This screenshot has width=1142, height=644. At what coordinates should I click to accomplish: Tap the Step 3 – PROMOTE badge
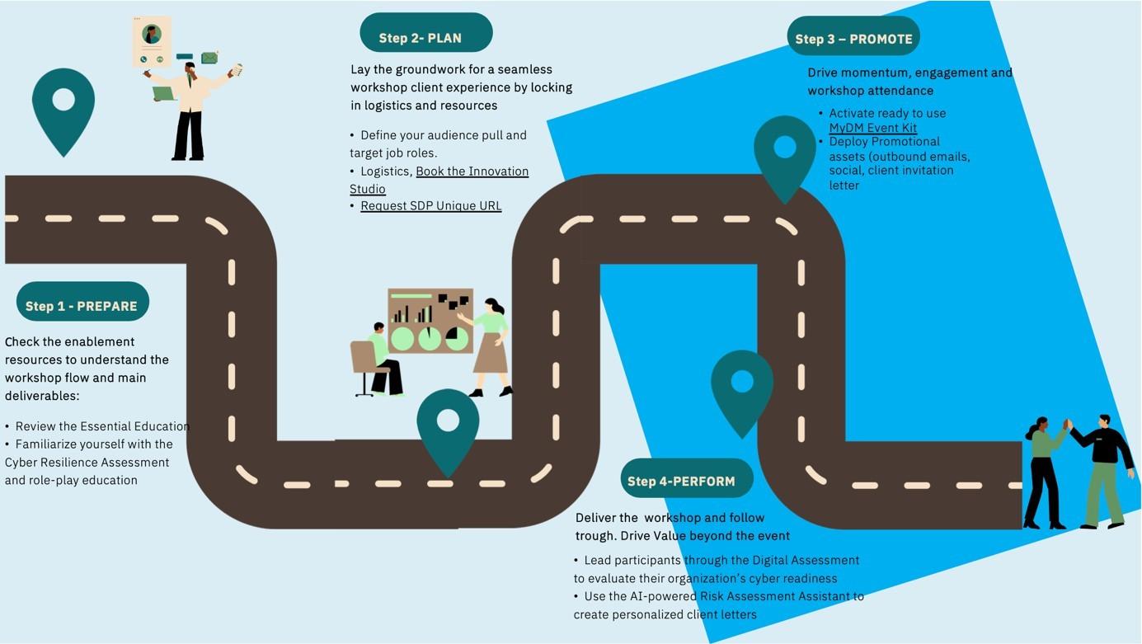[853, 37]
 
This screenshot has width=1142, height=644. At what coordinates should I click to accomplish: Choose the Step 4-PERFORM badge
[686, 479]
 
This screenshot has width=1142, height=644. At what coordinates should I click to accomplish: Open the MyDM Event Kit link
[872, 128]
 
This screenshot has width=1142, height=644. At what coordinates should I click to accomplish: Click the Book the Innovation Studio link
[472, 172]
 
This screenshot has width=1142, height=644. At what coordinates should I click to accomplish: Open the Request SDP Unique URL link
[430, 206]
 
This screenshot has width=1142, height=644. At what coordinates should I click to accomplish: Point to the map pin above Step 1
[63, 107]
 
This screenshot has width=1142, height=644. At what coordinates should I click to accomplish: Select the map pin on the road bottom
[448, 427]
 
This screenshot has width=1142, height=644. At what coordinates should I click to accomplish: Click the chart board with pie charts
[430, 321]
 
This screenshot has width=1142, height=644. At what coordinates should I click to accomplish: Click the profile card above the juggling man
[152, 41]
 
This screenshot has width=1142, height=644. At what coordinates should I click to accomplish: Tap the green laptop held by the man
[164, 94]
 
